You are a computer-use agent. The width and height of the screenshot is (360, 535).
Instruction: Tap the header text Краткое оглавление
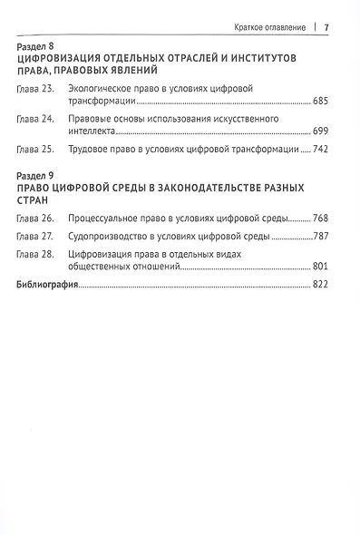pos(267,24)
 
